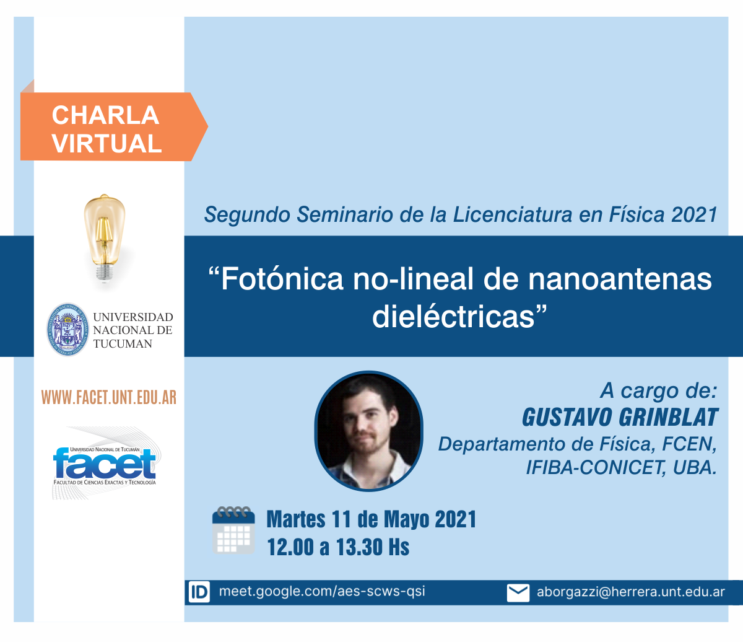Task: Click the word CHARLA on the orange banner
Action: point(105,115)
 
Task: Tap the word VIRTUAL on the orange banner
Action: point(106,144)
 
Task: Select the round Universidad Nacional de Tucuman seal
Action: point(67,329)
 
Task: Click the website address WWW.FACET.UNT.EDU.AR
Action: point(109,397)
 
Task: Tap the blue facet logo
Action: point(104,464)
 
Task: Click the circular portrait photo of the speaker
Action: point(368,431)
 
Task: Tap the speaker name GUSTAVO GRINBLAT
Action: point(620,418)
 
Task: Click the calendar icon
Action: point(233,530)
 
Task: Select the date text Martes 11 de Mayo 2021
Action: point(371,519)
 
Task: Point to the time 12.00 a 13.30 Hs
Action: point(338,547)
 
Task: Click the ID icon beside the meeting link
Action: point(199,592)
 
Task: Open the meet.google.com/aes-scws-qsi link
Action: point(322,592)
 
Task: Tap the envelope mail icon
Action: point(518,592)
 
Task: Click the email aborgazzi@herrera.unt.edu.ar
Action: point(631,592)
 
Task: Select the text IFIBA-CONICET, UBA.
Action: point(622,467)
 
